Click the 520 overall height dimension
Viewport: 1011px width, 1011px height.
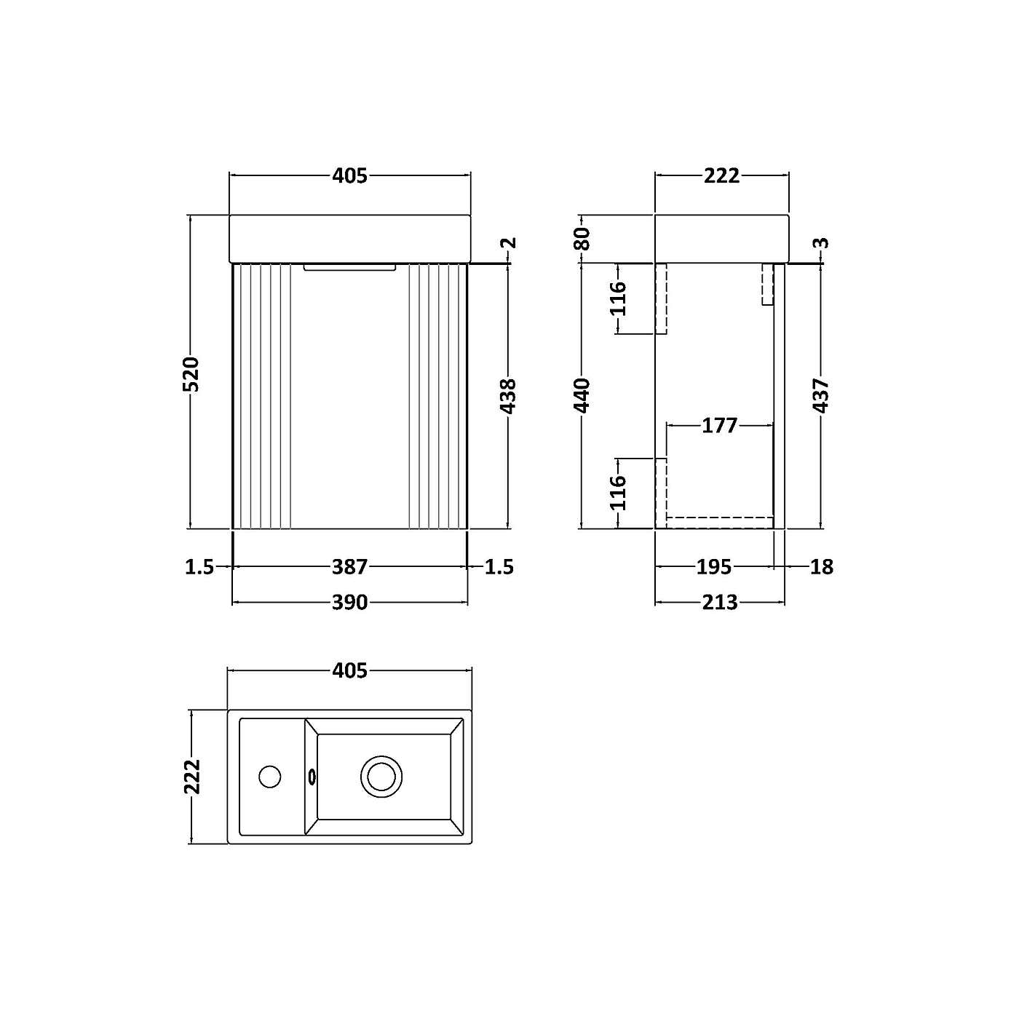tap(191, 373)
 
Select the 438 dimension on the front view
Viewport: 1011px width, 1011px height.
tap(508, 396)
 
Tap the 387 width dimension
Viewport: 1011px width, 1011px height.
tap(350, 566)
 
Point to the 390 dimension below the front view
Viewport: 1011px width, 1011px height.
tap(350, 603)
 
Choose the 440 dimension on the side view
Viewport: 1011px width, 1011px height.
tap(582, 395)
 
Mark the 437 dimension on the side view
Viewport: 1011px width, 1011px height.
tap(821, 396)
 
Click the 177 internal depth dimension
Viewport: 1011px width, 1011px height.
tap(719, 425)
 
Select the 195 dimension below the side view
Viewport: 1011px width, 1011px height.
tap(713, 566)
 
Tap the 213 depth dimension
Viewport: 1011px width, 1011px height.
tap(719, 603)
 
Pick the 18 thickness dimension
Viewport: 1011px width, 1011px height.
tap(821, 566)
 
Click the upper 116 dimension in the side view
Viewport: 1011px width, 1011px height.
tap(618, 298)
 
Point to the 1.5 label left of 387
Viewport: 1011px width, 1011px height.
tap(199, 566)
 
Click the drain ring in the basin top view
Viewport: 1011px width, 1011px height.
tap(381, 776)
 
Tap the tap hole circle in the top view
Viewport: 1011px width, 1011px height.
tap(270, 777)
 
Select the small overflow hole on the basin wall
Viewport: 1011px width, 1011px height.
tap(312, 777)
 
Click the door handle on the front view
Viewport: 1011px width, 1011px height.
tap(349, 267)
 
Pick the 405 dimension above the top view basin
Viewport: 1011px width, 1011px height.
tap(350, 670)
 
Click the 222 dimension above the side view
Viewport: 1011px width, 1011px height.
tap(721, 175)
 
